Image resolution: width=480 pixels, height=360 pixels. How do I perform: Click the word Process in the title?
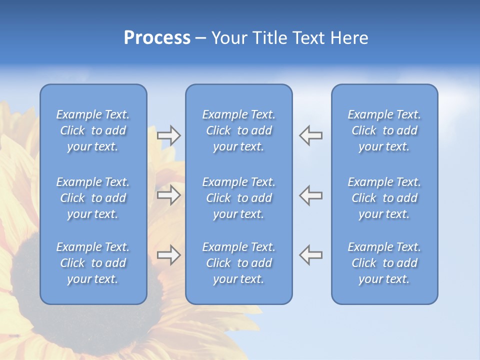pyautogui.click(x=157, y=38)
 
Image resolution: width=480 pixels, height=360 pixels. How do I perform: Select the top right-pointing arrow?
pyautogui.click(x=168, y=135)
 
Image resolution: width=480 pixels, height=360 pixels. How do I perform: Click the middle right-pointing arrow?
pyautogui.click(x=168, y=195)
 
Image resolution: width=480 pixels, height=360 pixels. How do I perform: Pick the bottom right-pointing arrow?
pyautogui.click(x=168, y=255)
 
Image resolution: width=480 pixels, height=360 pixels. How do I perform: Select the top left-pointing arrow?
pyautogui.click(x=311, y=135)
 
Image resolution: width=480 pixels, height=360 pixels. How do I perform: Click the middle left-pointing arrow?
pyautogui.click(x=311, y=195)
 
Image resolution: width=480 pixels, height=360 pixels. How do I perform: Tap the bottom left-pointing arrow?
pyautogui.click(x=311, y=255)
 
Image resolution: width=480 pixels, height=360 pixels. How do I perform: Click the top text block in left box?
pyautogui.click(x=93, y=130)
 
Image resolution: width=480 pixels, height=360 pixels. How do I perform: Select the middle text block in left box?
pyautogui.click(x=93, y=198)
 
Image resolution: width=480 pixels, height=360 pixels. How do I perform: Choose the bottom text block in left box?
pyautogui.click(x=93, y=263)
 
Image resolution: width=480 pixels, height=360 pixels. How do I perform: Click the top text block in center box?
pyautogui.click(x=238, y=130)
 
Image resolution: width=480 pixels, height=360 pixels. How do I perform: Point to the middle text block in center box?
pyautogui.click(x=238, y=198)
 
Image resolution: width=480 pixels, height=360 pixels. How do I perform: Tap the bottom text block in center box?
pyautogui.click(x=238, y=263)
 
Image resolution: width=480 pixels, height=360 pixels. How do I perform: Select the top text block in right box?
pyautogui.click(x=384, y=130)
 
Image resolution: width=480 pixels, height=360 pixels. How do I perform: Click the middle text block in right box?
pyautogui.click(x=384, y=198)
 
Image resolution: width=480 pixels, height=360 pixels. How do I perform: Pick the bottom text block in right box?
pyautogui.click(x=384, y=263)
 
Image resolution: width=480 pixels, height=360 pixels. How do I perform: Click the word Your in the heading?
pyautogui.click(x=229, y=38)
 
